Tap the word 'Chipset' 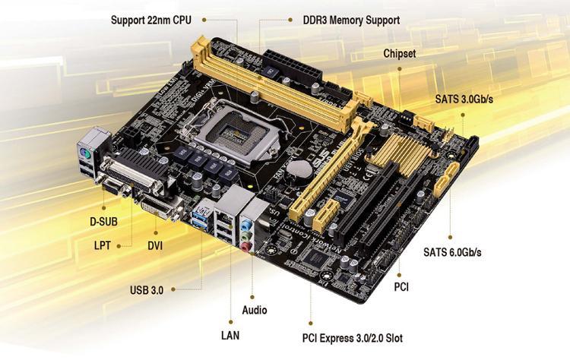coord(400,55)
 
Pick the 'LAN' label coord(230,333)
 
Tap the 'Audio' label coord(254,310)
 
